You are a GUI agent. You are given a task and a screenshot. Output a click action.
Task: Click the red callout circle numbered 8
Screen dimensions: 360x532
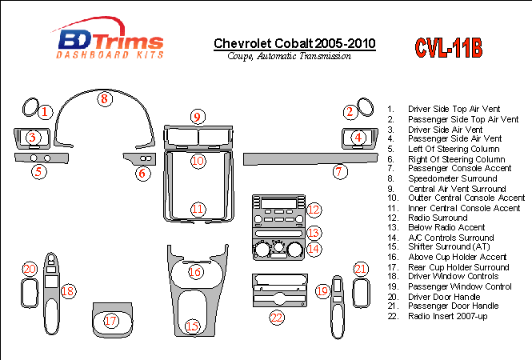tap(104, 99)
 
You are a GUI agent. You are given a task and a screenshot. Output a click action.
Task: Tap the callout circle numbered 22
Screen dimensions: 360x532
tap(277, 318)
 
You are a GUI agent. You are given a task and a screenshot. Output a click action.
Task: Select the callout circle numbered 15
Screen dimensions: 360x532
tap(192, 326)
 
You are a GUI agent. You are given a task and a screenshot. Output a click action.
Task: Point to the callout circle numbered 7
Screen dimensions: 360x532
tap(340, 171)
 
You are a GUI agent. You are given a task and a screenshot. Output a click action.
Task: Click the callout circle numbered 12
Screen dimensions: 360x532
tap(315, 210)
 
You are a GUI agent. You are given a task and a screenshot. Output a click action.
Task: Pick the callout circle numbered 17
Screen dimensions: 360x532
tap(111, 321)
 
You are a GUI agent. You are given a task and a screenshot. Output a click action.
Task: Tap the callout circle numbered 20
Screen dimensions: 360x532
tap(30, 269)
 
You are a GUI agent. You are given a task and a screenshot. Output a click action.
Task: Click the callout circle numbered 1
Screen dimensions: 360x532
tap(46, 112)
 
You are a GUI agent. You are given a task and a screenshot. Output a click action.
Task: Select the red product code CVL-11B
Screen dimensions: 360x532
tap(448, 48)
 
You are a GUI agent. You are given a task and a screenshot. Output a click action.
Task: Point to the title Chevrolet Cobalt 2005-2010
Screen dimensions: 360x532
tap(294, 43)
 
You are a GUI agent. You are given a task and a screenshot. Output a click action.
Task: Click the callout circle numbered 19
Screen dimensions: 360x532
tap(322, 292)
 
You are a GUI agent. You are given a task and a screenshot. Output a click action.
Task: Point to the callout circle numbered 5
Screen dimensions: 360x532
tap(38, 171)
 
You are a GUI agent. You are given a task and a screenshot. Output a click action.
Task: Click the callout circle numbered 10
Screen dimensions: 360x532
tap(198, 161)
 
